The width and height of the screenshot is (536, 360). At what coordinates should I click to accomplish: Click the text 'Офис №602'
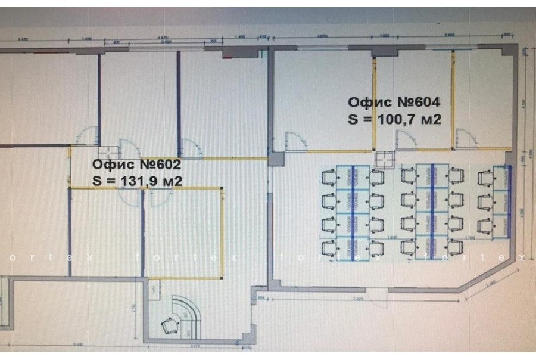136,164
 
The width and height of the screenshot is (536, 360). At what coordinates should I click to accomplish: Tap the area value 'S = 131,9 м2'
137,180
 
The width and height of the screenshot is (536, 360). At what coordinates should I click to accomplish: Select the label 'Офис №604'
394,102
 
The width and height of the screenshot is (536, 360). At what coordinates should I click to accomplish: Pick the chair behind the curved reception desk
170,325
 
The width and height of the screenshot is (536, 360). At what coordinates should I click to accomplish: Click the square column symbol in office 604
385,159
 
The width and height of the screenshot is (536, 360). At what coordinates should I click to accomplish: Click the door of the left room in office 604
294,142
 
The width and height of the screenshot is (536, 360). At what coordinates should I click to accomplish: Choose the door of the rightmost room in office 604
468,141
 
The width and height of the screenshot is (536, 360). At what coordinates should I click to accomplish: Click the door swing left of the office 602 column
88,136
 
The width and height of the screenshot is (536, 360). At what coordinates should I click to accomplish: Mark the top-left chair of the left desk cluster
328,177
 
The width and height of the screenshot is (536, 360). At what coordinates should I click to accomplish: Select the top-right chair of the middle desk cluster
456,175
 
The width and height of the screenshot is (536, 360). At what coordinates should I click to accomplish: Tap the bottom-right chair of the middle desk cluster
456,245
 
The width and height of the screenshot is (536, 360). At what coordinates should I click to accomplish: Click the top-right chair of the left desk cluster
376,177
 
